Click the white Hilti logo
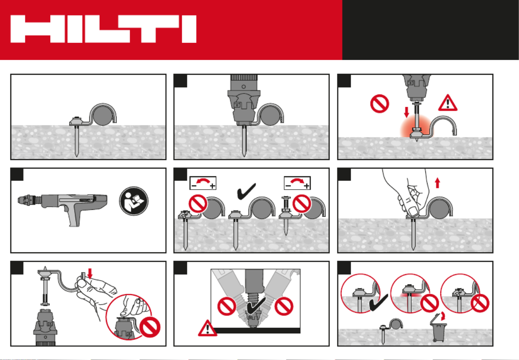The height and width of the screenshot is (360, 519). pos(103,29)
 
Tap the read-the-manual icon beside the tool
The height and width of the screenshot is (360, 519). pos(134,201)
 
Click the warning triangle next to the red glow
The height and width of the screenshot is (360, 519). pos(448,103)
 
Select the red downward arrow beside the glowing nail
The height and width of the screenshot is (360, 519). pos(407,112)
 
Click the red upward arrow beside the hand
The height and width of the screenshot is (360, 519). pos(437,183)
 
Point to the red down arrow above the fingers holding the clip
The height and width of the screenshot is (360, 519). pos(90,273)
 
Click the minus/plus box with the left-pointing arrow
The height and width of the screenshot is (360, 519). pos(203,183)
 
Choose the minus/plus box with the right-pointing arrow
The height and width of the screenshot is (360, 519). pos(297,183)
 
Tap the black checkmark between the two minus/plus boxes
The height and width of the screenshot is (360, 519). pos(246,191)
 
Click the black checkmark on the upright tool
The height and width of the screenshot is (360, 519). pos(256,306)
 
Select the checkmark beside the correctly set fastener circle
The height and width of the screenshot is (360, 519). pos(379,303)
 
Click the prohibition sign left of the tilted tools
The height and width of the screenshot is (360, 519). pos(227,306)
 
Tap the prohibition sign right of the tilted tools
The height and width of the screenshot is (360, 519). pos(284,306)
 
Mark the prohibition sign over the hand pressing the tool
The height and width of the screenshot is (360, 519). pos(150,327)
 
